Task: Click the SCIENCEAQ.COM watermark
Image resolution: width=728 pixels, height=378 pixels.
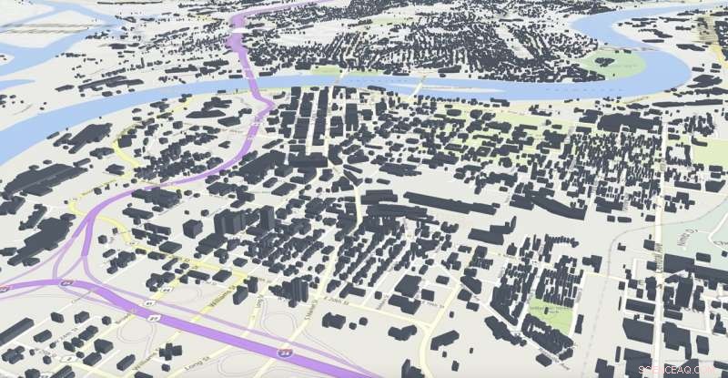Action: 682,369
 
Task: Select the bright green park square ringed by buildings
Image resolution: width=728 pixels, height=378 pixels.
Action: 551,314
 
